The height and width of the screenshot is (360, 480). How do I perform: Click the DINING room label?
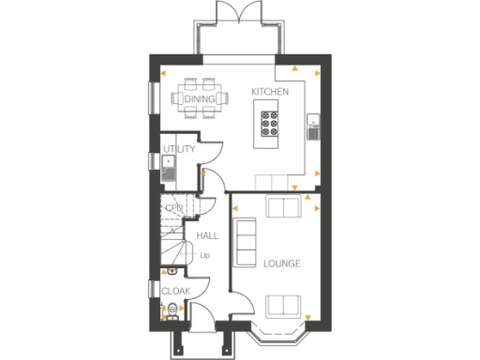click(x=200, y=97)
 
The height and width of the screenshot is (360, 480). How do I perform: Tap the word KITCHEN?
click(x=270, y=92)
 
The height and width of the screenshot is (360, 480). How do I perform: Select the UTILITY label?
click(x=178, y=149)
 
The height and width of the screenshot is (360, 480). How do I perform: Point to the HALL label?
click(x=207, y=236)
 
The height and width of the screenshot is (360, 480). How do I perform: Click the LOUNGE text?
click(x=281, y=263)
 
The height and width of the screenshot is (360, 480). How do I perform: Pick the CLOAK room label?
click(x=175, y=292)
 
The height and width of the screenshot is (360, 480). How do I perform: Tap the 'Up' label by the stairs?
click(x=204, y=254)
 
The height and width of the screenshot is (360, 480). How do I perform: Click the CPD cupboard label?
click(x=173, y=208)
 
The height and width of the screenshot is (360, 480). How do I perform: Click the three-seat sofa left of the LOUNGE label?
click(x=246, y=241)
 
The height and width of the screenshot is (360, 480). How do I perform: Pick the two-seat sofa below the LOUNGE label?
click(x=283, y=304)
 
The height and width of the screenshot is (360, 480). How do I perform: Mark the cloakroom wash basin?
click(x=172, y=272)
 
